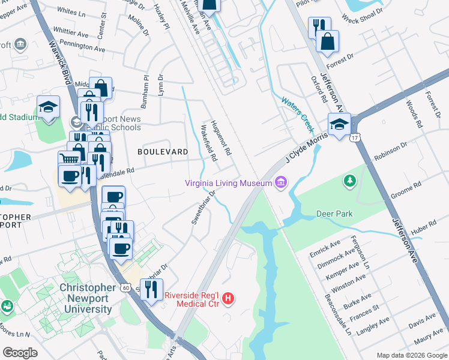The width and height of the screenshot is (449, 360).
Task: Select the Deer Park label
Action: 334,214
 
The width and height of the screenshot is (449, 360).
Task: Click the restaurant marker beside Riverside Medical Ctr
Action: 151,290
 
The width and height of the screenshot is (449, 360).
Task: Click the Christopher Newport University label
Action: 86,298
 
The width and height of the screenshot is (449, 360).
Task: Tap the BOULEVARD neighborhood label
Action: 163,152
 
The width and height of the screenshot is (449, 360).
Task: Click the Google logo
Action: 20,352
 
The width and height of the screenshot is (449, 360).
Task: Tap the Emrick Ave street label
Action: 325,247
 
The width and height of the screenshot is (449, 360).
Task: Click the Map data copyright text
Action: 411,355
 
